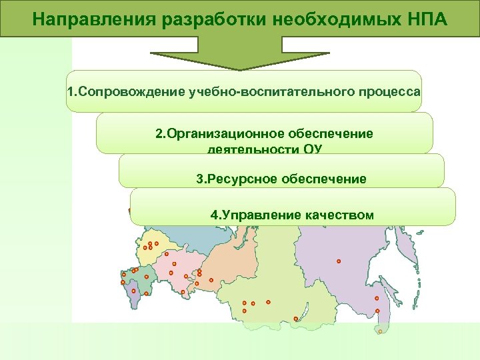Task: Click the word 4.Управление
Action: pyautogui.click(x=247, y=215)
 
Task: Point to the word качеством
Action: pyautogui.click(x=340, y=215)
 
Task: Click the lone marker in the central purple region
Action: pyautogui.click(x=339, y=261)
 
